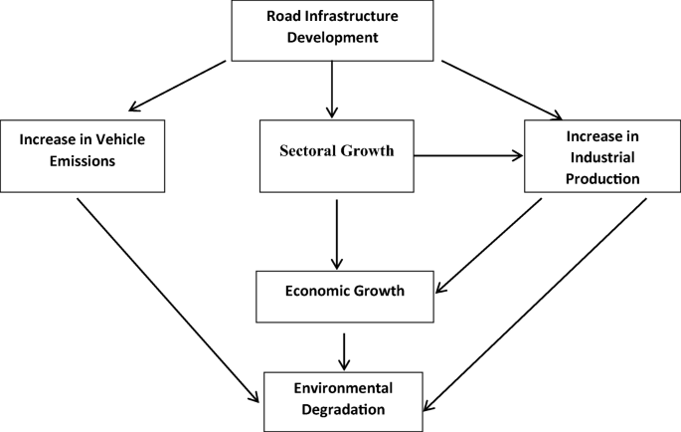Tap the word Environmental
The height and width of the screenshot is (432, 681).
(x=343, y=386)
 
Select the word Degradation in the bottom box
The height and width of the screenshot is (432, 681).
(x=343, y=408)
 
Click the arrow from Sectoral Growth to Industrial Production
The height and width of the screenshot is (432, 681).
(x=467, y=155)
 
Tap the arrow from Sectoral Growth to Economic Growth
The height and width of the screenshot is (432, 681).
(x=337, y=234)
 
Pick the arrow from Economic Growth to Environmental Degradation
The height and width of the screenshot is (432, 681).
(x=343, y=349)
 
